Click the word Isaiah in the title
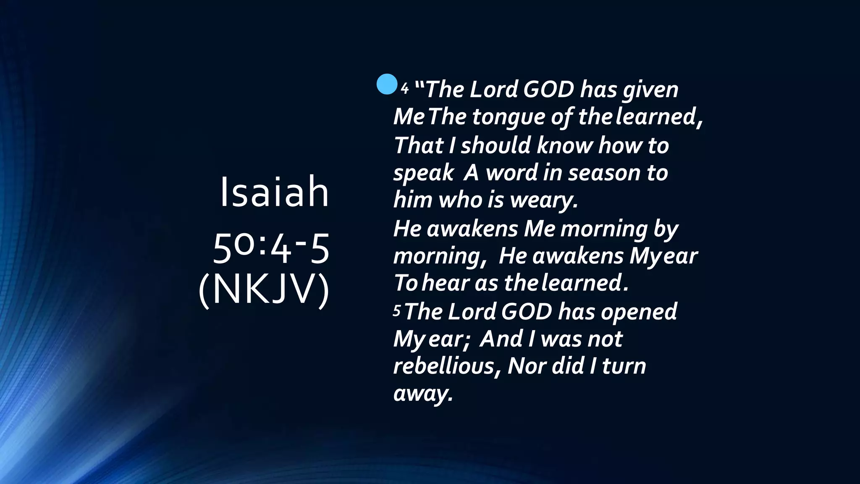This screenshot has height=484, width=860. coord(274,192)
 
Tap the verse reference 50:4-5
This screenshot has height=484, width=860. coord(271,250)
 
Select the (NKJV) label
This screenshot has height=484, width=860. coord(264,290)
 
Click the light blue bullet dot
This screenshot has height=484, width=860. coord(387,84)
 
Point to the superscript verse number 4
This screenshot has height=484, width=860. coord(404,89)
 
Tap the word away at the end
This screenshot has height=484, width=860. coord(423,394)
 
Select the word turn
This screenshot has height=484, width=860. coord(624,366)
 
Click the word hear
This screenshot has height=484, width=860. coord(445,283)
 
